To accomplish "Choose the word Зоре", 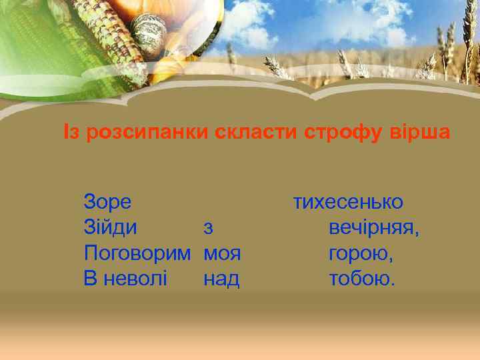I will (107, 202).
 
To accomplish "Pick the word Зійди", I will (111, 227).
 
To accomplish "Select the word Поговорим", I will (137, 254).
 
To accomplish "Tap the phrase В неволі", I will (125, 279).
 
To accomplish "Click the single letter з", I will (208, 228).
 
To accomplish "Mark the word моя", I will (222, 254).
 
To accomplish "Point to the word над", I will (221, 279).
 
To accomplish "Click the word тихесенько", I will (348, 202).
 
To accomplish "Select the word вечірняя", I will (374, 228).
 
